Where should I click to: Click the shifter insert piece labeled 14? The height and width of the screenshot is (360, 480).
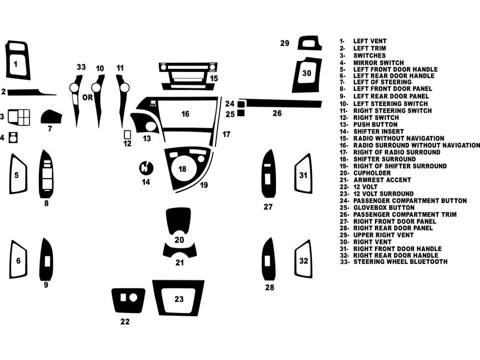(146, 168)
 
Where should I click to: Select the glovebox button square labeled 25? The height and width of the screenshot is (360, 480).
(241, 113)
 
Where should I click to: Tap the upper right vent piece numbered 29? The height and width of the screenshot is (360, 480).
(309, 43)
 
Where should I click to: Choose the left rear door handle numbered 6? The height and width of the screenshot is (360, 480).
(18, 260)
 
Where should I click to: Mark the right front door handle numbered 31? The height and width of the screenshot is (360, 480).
(303, 174)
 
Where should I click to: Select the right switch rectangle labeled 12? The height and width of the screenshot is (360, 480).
(127, 134)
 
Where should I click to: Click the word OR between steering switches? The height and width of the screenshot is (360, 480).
(87, 98)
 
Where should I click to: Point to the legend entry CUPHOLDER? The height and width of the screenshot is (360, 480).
(372, 173)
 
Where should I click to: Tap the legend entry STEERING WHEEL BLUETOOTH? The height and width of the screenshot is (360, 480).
(400, 262)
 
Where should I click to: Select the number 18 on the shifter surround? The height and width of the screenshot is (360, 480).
(182, 169)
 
